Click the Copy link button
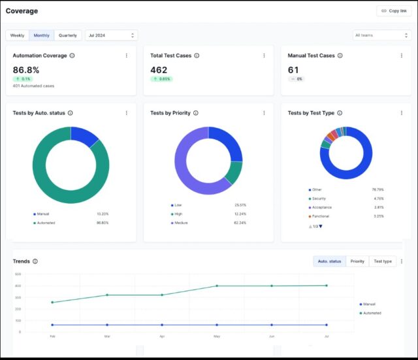pos(394,11)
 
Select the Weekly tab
pos(18,35)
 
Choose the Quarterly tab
pos(68,35)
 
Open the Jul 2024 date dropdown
pos(111,35)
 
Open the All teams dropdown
pos(381,35)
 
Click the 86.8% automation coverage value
pos(26,69)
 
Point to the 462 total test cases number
pos(159,69)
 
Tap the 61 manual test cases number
pos(293,69)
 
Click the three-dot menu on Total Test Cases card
pos(264,56)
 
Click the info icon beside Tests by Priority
pos(196,113)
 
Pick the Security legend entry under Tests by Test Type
pos(319,198)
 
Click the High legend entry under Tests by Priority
pos(178,214)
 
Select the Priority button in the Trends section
pos(357,261)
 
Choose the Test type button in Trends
pos(382,261)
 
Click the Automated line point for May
pos(217,286)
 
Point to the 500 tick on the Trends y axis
pos(18,274)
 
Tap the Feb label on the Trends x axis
pos(52,337)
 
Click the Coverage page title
pos(22,11)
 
